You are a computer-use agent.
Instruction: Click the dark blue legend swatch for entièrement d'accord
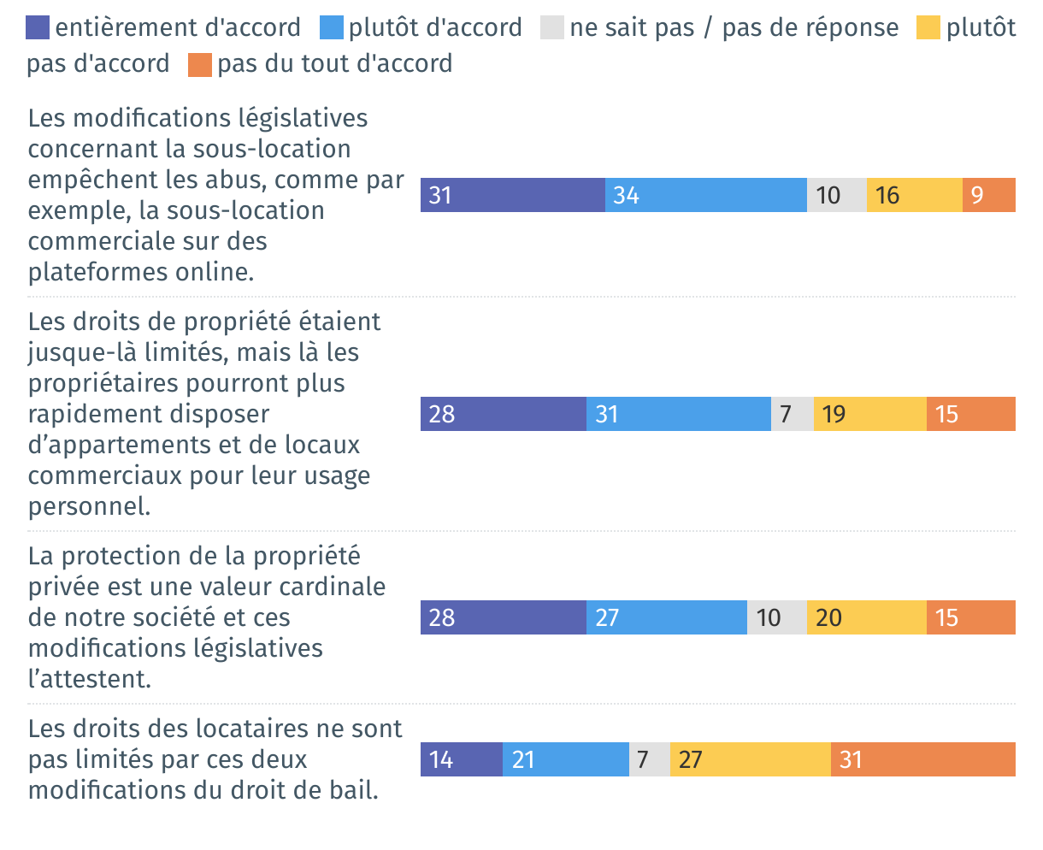[38, 28]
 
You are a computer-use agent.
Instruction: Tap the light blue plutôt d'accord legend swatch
[332, 28]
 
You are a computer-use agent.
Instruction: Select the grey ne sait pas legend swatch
[552, 28]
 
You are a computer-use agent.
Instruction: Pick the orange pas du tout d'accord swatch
[200, 65]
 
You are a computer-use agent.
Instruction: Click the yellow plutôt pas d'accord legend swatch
[928, 28]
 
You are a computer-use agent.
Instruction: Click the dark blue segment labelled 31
[513, 195]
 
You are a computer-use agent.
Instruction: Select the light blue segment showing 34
[706, 195]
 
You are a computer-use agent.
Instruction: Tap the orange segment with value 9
[989, 195]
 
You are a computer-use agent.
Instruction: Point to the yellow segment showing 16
[915, 195]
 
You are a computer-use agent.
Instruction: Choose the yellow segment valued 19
[870, 414]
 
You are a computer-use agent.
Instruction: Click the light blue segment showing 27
[667, 617]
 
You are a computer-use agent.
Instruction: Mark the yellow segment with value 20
[867, 617]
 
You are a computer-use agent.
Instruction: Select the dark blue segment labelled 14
[462, 759]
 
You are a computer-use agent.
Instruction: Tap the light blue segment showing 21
[566, 759]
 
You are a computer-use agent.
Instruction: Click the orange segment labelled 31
[923, 759]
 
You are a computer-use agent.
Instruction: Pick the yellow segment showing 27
[751, 759]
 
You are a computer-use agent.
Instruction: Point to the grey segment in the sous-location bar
[837, 195]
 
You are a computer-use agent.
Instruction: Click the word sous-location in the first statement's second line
[272, 149]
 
